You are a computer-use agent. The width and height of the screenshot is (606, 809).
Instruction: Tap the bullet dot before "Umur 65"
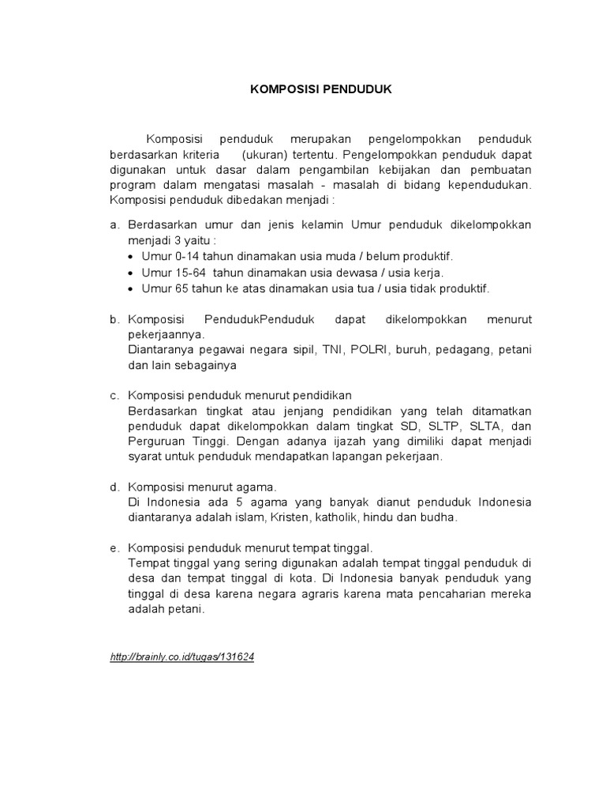point(132,288)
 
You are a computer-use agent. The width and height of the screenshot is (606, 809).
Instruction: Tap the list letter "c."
point(115,395)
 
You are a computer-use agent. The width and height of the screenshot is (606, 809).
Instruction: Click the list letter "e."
point(115,547)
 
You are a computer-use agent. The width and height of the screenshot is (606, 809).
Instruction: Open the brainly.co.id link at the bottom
point(183,657)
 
